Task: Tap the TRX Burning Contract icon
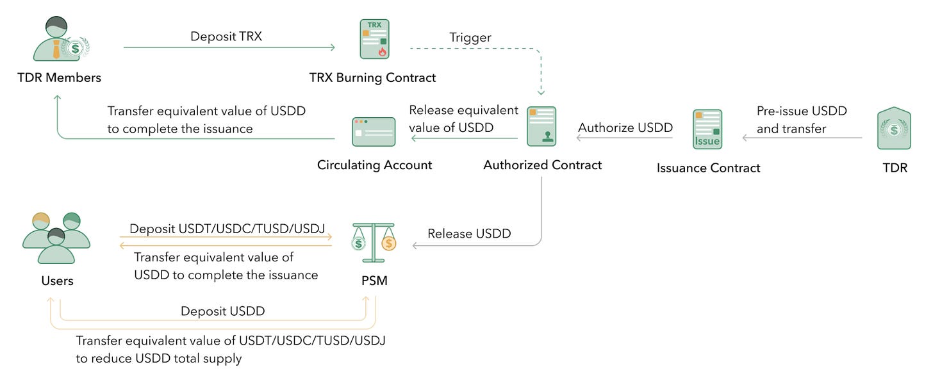(x=374, y=39)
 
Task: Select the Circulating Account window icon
(x=374, y=131)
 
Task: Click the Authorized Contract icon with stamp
(x=541, y=127)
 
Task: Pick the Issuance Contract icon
(x=707, y=131)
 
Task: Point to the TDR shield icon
(x=894, y=129)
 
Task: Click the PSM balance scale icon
(x=374, y=242)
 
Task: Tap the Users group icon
(x=56, y=238)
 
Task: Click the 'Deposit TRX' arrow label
(x=226, y=36)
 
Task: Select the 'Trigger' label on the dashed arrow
(x=470, y=37)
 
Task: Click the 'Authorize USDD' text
(x=625, y=127)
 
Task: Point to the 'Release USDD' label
(x=469, y=234)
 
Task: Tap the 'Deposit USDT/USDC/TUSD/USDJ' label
(x=227, y=229)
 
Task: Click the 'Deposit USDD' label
(x=222, y=311)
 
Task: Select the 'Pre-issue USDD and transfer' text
(x=801, y=119)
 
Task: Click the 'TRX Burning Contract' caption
(x=372, y=78)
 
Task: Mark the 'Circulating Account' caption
(x=374, y=165)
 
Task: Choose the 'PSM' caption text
(x=374, y=281)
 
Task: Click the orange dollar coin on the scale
(x=388, y=243)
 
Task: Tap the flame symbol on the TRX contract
(x=383, y=52)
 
